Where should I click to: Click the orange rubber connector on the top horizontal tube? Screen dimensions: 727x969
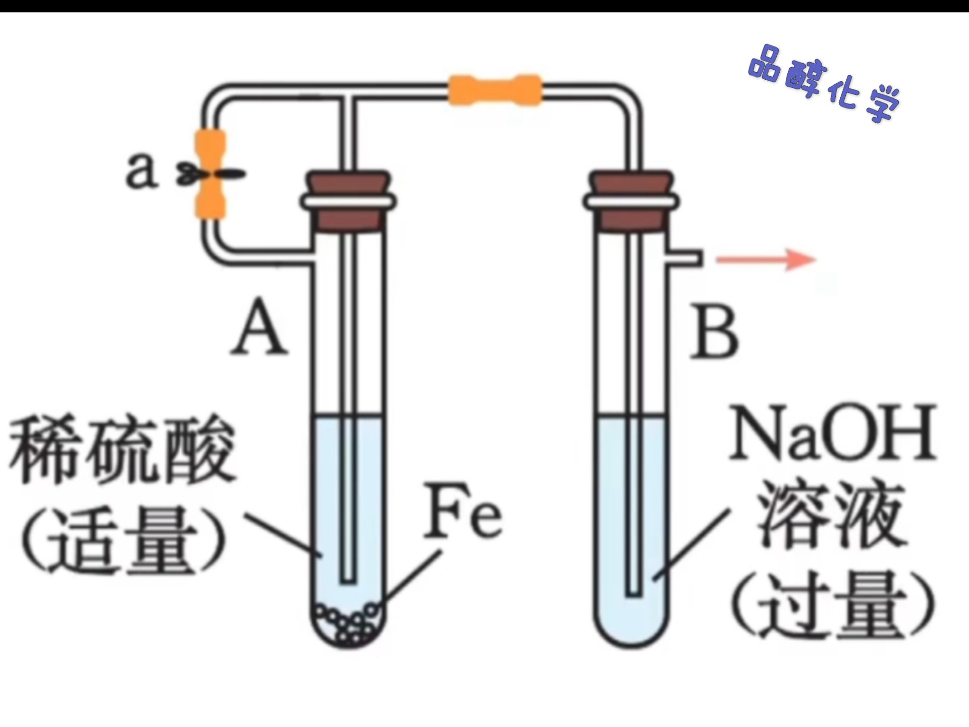(x=495, y=90)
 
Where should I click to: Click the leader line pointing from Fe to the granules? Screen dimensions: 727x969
(x=411, y=576)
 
